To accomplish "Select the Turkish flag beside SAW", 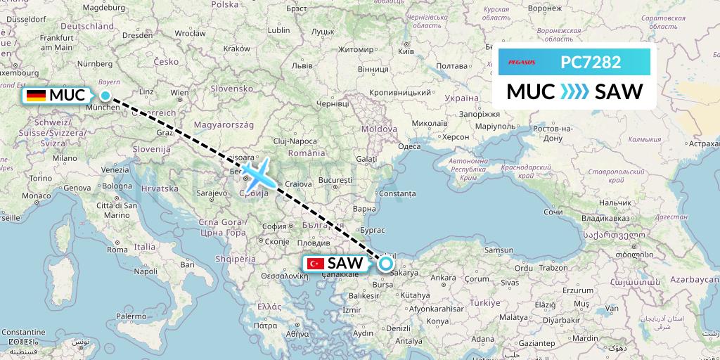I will click(314, 264).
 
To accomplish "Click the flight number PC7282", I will click(591, 63).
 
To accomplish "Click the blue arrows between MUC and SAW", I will click(574, 92).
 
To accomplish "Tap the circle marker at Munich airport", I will click(105, 96).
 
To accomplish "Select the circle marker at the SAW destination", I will click(386, 264).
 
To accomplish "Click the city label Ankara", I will click(443, 278).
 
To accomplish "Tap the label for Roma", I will click(119, 249).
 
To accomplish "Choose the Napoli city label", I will click(146, 271).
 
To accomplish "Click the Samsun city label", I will click(501, 250).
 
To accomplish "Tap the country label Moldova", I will click(379, 129).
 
